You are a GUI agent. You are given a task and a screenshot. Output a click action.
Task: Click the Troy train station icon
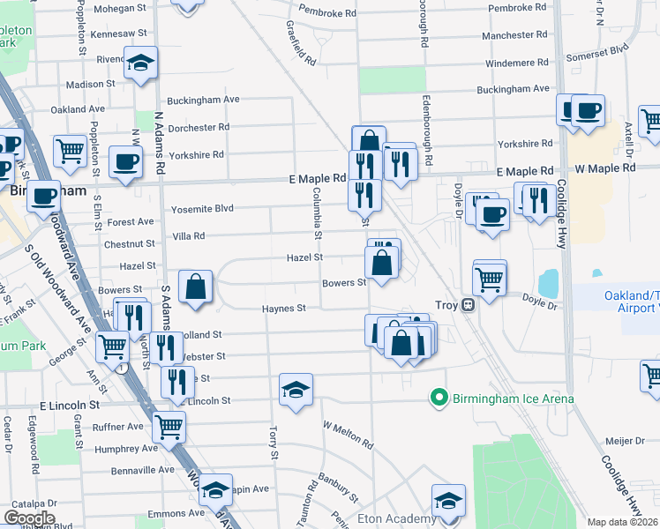(469, 304)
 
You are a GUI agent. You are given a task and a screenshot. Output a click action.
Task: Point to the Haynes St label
(283, 309)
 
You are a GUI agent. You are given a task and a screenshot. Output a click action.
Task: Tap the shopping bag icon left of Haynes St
(196, 287)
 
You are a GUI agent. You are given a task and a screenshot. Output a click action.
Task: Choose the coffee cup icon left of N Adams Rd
(125, 162)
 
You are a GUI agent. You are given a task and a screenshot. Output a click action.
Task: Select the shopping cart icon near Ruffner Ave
(169, 428)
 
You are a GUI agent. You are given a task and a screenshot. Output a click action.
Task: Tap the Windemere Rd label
(517, 63)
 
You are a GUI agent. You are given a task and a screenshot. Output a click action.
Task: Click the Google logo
(29, 518)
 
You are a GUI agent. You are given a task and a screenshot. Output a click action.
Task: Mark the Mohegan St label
(120, 8)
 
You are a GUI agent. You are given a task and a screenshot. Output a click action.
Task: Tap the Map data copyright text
(623, 522)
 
